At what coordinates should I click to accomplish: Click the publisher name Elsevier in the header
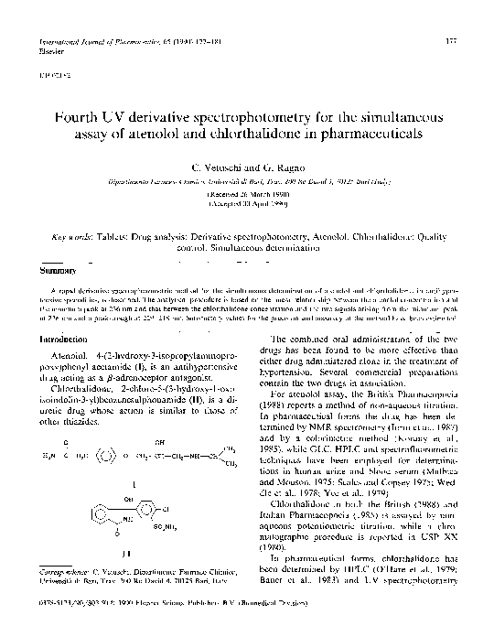click(x=44, y=52)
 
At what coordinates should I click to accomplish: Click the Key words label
click(x=76, y=236)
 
